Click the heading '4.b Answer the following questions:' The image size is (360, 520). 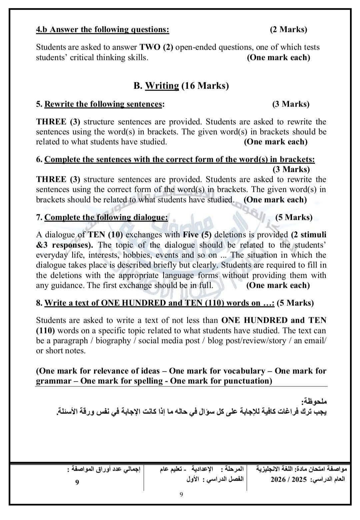pos(103,29)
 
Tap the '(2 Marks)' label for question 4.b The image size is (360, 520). pos(288,29)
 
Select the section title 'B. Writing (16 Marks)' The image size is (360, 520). pos(181,86)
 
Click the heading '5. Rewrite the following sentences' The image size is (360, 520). pos(100,104)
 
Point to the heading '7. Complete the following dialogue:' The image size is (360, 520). pos(102,217)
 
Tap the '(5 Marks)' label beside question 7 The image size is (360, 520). pos(294,217)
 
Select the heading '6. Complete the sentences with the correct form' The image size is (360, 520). pos(175,159)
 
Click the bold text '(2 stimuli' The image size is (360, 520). pos(308,235)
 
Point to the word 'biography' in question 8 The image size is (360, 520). pos(114,340)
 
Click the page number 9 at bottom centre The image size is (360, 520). pos(181,494)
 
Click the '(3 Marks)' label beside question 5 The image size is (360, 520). pos(291,104)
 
